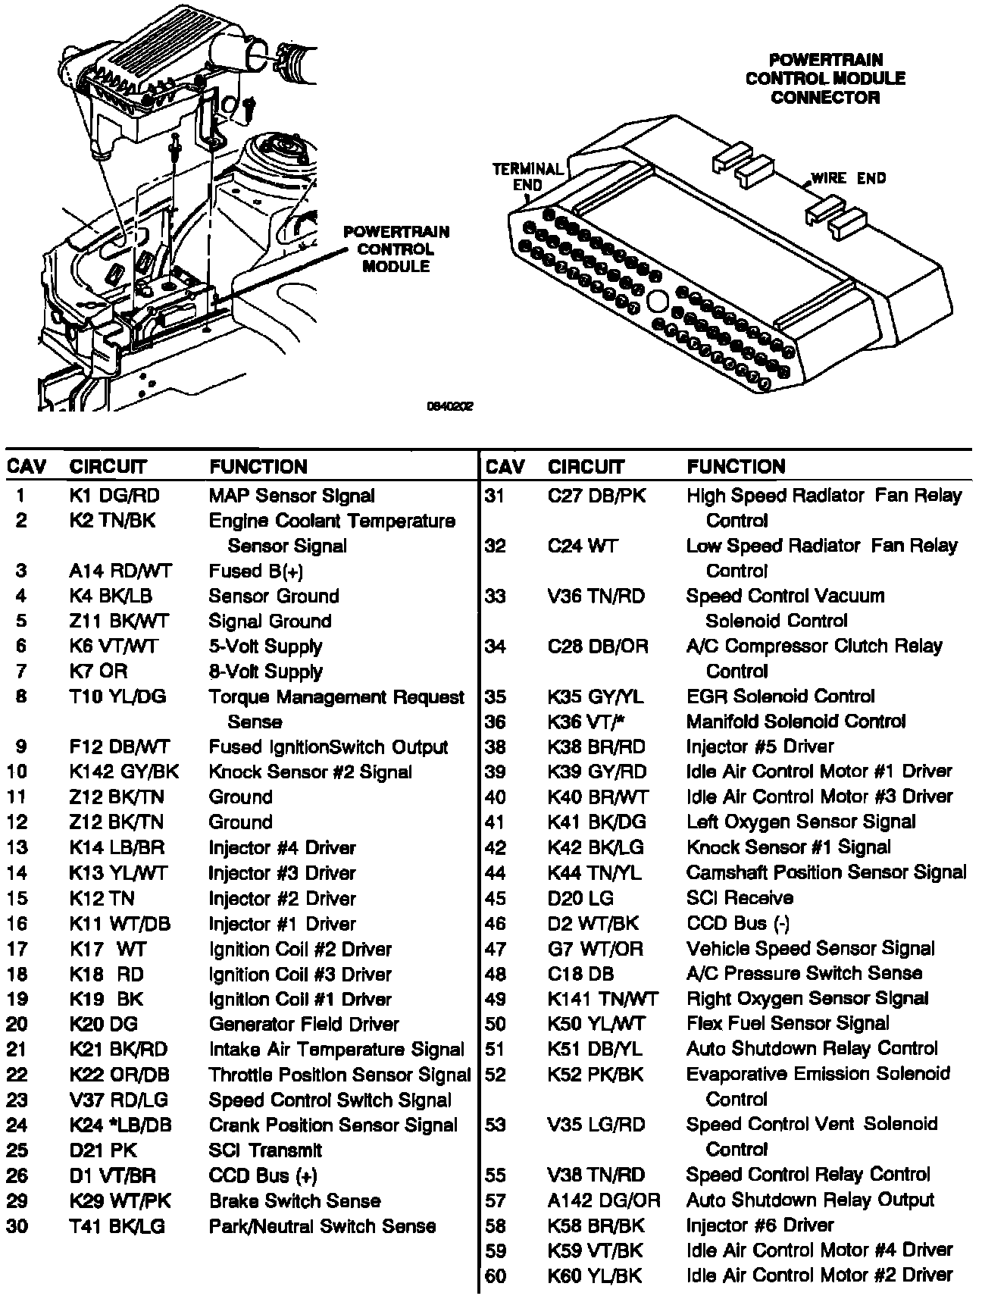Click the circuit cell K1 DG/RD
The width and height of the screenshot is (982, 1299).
pyautogui.click(x=114, y=496)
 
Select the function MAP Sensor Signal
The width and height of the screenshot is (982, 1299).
pyautogui.click(x=292, y=496)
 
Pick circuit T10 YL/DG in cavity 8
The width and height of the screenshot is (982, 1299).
pyautogui.click(x=117, y=696)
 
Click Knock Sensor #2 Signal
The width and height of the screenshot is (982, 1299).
pyautogui.click(x=310, y=772)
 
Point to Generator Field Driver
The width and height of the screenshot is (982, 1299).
pyautogui.click(x=304, y=1024)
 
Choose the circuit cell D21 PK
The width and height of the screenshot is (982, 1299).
pyautogui.click(x=103, y=1150)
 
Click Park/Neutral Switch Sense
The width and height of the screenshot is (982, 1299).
pyautogui.click(x=322, y=1225)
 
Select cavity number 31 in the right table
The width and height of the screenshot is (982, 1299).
pyautogui.click(x=495, y=496)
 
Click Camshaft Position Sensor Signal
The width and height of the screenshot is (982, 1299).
pyautogui.click(x=826, y=872)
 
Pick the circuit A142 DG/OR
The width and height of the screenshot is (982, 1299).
pyautogui.click(x=604, y=1200)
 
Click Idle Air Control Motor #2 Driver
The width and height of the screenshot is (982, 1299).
pyautogui.click(x=819, y=1276)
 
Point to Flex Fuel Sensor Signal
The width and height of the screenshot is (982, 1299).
pyautogui.click(x=787, y=1023)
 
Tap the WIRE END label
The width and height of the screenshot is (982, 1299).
pyautogui.click(x=848, y=178)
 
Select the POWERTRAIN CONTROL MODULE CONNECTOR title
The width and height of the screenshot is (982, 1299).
pyautogui.click(x=825, y=78)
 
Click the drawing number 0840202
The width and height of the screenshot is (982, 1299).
pyautogui.click(x=450, y=406)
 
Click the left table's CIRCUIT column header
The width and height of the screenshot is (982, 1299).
pyautogui.click(x=108, y=466)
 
